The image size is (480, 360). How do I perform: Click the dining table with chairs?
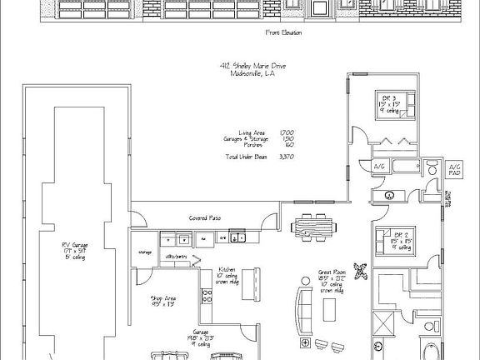tap(316, 226)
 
